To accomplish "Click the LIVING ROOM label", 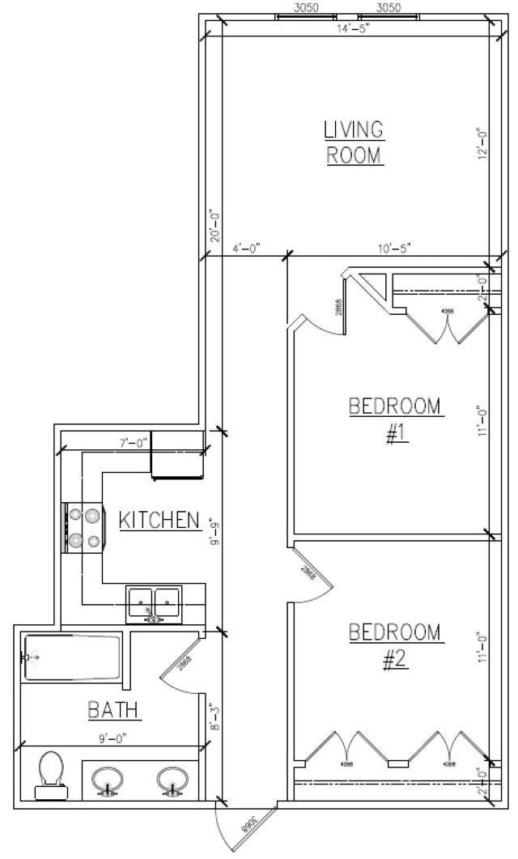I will (353, 142).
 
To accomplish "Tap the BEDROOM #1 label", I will (396, 419).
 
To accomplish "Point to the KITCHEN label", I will (159, 520).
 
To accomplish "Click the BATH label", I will (114, 711).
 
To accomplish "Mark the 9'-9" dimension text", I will (214, 531).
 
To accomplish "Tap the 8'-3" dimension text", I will (214, 717).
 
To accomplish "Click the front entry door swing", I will (235, 826).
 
